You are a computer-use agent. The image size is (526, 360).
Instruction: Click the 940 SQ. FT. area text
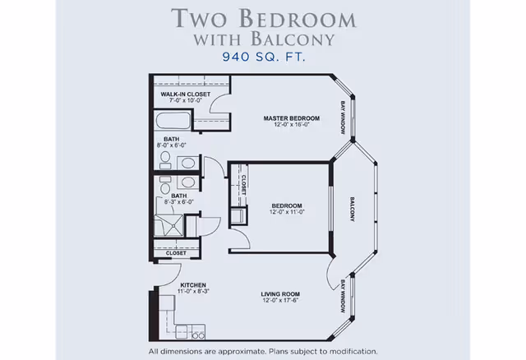coord(264,57)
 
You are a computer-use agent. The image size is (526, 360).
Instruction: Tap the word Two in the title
coord(199,18)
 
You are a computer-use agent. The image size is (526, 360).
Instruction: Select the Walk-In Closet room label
coord(186,95)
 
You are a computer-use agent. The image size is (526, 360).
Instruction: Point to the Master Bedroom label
coord(292,118)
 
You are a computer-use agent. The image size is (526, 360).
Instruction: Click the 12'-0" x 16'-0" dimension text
coord(292,124)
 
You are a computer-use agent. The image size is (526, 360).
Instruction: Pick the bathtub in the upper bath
coord(173,121)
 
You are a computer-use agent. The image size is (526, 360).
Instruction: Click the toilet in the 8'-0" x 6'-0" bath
coord(165,159)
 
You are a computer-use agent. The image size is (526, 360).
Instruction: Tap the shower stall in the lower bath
coord(168,225)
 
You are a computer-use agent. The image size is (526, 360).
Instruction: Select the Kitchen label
coord(193,285)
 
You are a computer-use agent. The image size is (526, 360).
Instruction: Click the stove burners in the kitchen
coord(198,335)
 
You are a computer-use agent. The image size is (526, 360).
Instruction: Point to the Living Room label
coord(280,294)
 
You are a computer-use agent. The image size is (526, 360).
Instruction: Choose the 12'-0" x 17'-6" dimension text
coord(280,300)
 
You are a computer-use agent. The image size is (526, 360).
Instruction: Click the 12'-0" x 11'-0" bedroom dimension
coord(287,212)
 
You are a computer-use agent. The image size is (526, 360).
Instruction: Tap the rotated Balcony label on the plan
coord(353,210)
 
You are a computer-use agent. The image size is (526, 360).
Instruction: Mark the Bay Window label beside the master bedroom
coord(343,118)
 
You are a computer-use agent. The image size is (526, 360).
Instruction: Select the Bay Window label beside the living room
coord(343,297)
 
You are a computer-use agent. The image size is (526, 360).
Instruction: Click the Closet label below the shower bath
coord(176,253)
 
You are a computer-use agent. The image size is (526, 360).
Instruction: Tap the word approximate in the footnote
coord(242,352)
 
